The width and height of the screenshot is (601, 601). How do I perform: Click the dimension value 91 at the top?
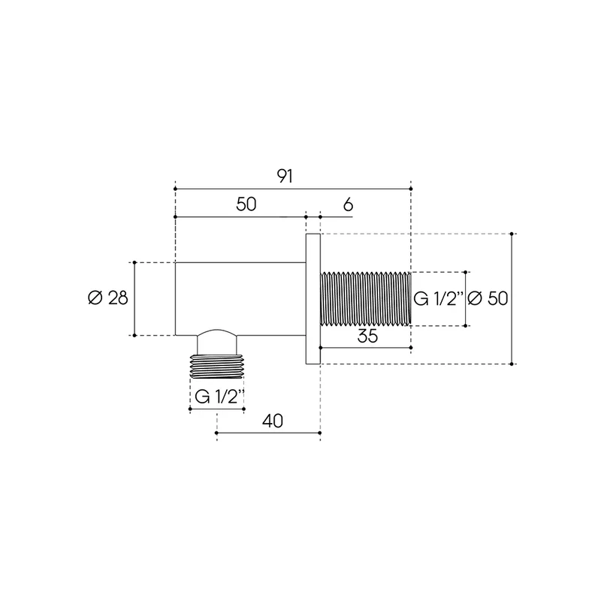[285, 177]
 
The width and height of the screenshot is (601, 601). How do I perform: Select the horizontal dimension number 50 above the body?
[246, 204]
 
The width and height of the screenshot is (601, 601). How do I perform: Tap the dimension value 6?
[348, 205]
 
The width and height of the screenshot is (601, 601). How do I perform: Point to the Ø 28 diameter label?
[108, 297]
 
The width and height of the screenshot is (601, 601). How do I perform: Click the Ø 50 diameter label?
[488, 298]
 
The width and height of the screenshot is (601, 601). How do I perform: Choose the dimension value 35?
[367, 336]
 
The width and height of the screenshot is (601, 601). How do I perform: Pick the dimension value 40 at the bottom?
[273, 421]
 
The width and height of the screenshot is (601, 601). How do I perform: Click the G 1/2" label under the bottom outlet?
[219, 397]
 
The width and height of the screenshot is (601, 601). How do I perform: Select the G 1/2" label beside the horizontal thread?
[439, 298]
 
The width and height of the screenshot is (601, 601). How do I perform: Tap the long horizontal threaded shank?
[366, 298]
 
